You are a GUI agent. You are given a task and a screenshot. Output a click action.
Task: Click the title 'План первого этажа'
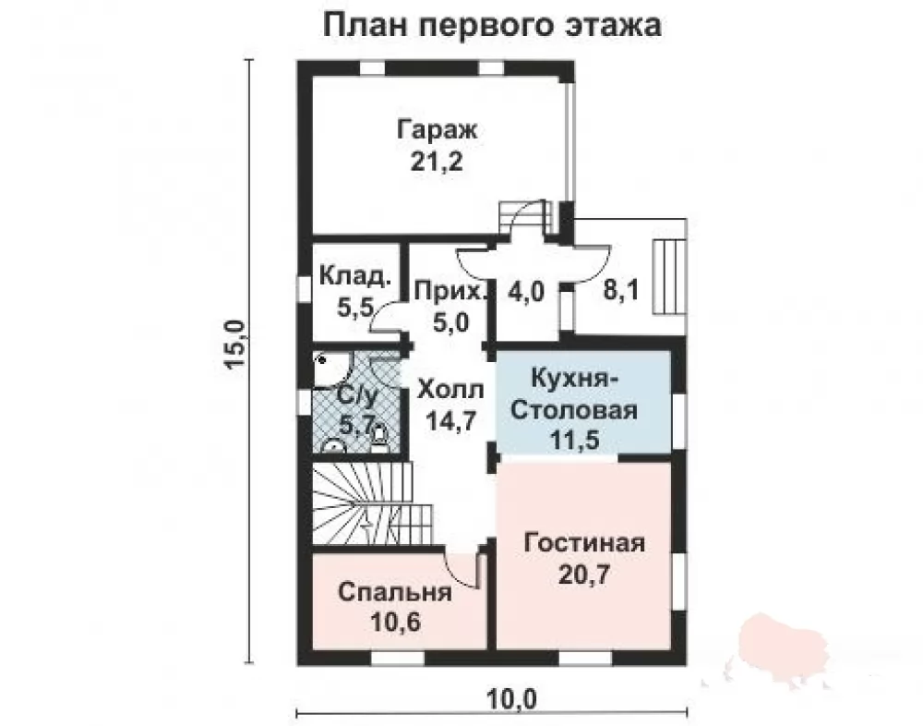[492, 27]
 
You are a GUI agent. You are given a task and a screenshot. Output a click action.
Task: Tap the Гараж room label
[437, 130]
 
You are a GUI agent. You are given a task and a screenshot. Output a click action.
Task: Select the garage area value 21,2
[437, 161]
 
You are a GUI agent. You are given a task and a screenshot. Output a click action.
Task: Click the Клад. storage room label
[355, 276]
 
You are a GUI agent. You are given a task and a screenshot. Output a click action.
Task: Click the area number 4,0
[527, 292]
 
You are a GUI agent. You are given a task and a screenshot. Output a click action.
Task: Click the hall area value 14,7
[451, 421]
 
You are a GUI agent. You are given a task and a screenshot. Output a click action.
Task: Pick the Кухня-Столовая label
[574, 393]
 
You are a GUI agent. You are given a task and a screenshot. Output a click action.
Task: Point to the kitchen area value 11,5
[574, 439]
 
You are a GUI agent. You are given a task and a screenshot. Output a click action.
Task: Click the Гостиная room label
[584, 543]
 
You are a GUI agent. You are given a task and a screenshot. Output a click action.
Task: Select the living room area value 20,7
[584, 574]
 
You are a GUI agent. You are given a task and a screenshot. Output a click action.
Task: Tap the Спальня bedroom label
[395, 592]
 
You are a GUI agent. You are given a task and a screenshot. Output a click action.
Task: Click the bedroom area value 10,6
[396, 623]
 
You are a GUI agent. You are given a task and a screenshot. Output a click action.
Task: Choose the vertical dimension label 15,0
[234, 345]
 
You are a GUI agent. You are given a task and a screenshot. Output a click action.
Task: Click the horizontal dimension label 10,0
[512, 699]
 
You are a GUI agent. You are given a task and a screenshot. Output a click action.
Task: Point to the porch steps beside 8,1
[668, 277]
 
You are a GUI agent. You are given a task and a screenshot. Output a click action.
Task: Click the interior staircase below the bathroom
[371, 503]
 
